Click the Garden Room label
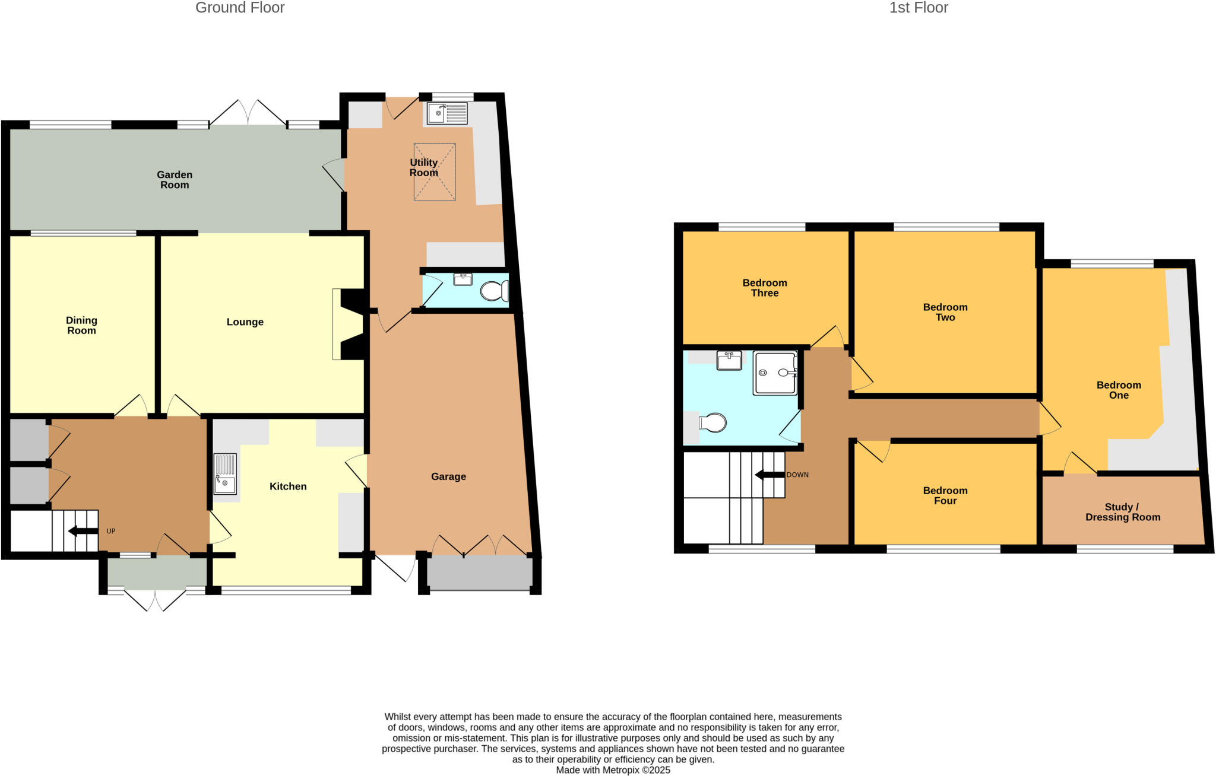(174, 180)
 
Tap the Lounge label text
(245, 322)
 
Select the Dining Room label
(81, 325)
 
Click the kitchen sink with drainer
(225, 474)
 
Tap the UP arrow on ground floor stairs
(84, 531)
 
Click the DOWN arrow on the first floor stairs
(769, 475)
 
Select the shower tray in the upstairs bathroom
(775, 373)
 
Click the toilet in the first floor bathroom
(712, 423)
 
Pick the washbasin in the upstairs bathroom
(729, 360)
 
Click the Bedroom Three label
(765, 288)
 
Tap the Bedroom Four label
(945, 495)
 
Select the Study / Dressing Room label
(1123, 512)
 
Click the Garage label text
(448, 476)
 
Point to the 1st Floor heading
(919, 8)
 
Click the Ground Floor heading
(240, 8)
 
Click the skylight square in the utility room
(435, 172)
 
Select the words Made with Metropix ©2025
(613, 770)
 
